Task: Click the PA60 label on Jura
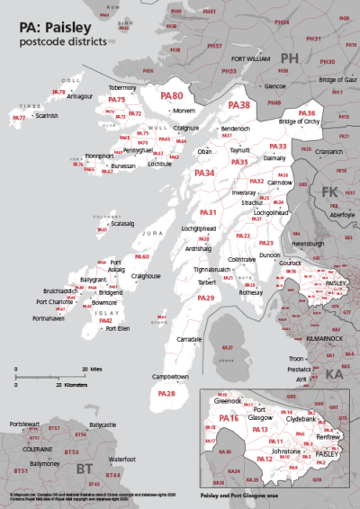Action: [x=141, y=257]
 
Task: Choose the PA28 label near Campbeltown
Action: [x=166, y=394]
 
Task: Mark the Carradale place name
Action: [x=190, y=339]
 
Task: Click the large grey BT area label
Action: [x=84, y=469]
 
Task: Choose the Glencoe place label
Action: [x=274, y=86]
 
